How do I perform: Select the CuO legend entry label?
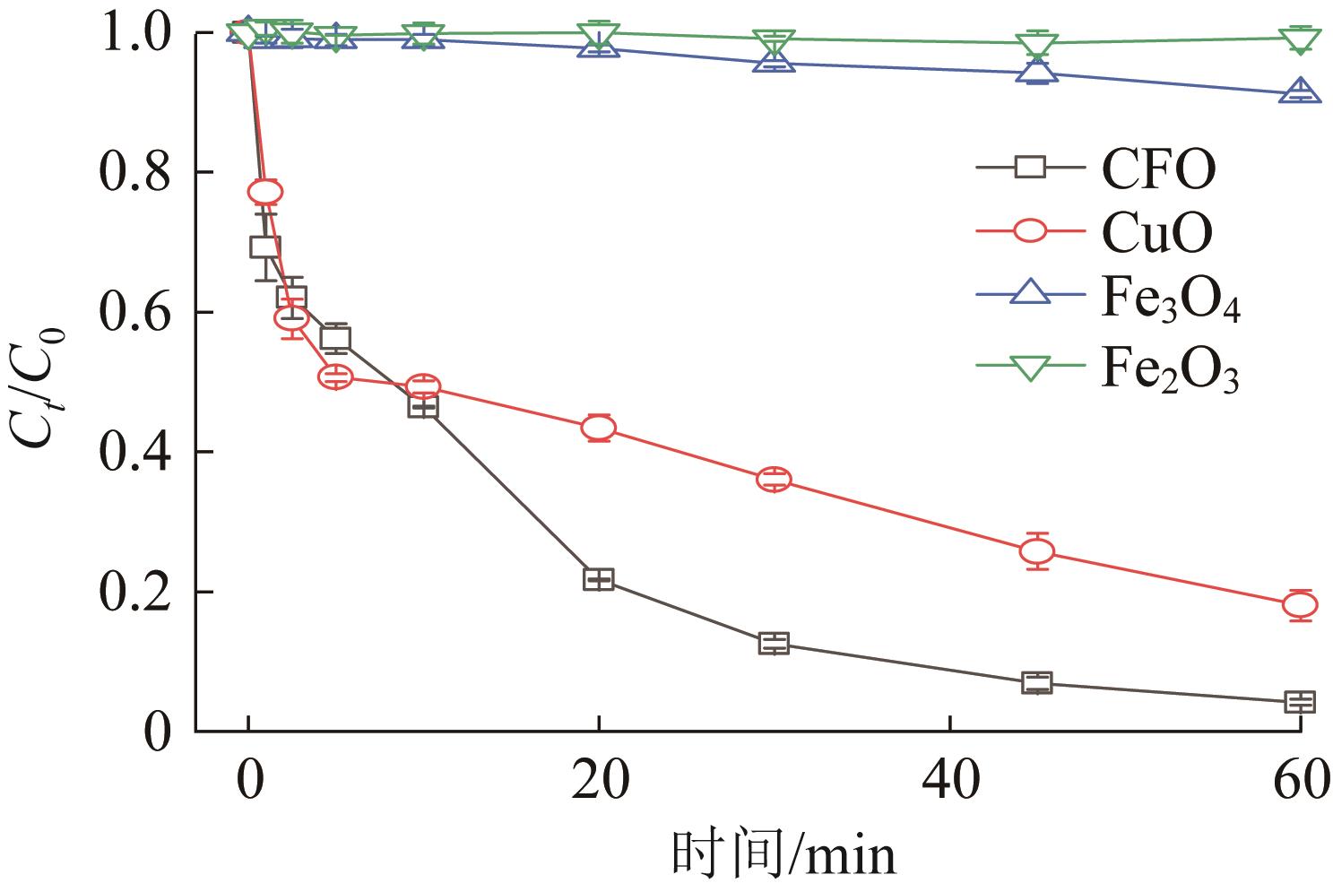point(1156,232)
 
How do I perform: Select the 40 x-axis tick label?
point(949,784)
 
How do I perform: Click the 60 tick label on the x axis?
point(1299,784)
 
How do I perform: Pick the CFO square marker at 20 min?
point(599,579)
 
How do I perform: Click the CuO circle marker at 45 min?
point(1037,551)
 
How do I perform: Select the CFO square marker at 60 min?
point(1300,701)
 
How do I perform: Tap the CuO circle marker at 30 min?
point(774,480)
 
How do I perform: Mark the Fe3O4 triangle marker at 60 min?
point(1300,91)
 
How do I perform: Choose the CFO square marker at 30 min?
point(774,643)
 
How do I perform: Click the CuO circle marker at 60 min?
point(1300,605)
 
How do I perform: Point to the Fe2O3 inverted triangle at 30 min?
point(774,41)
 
